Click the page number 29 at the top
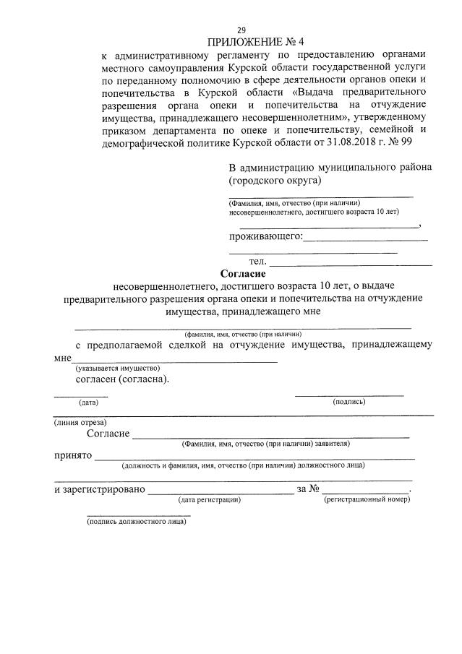(x=241, y=30)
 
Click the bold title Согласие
(x=243, y=274)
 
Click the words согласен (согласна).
(x=123, y=379)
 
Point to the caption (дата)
(x=88, y=402)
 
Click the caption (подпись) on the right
(x=348, y=402)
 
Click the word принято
(x=72, y=456)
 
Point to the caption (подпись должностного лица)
(x=136, y=521)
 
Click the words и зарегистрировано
(x=99, y=489)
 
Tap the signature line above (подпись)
(x=348, y=395)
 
